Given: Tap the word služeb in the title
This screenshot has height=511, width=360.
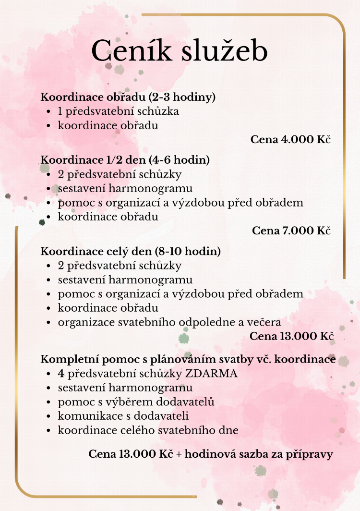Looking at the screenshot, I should [x=224, y=51].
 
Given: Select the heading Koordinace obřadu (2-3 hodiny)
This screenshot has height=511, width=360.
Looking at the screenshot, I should [x=128, y=97].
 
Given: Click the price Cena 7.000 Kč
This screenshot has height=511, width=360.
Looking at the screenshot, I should [x=292, y=231].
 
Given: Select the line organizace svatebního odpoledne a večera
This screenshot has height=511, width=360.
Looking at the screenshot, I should [x=169, y=322].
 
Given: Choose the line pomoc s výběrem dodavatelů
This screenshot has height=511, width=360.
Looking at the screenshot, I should [x=136, y=401].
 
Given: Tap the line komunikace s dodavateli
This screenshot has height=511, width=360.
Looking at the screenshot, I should [x=123, y=415].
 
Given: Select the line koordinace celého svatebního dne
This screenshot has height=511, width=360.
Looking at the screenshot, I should [x=148, y=430].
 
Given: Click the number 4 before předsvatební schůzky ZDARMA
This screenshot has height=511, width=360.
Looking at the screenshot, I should [x=61, y=373].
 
